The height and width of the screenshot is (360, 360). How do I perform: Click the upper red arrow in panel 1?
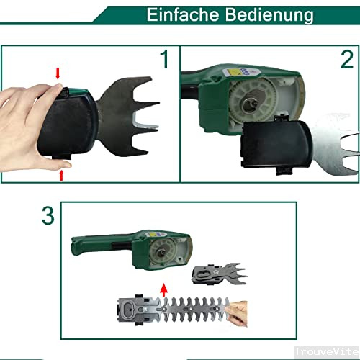[58, 71]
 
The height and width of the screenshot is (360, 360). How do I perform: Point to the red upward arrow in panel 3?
[163, 290]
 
